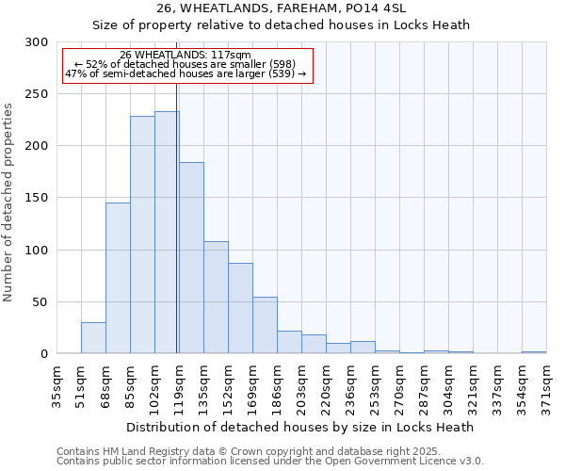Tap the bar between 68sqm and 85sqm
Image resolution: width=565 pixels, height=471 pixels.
(118, 279)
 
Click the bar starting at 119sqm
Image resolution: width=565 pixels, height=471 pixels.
(191, 258)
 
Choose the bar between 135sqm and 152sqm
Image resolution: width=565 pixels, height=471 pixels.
(216, 298)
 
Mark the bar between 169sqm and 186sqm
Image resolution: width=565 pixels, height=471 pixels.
(265, 326)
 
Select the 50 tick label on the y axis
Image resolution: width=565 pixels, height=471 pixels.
(40, 302)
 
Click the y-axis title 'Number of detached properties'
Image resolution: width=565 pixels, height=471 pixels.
(10, 203)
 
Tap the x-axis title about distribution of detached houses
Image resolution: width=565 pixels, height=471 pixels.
(299, 427)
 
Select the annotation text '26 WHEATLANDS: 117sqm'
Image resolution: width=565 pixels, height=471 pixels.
(186, 56)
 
